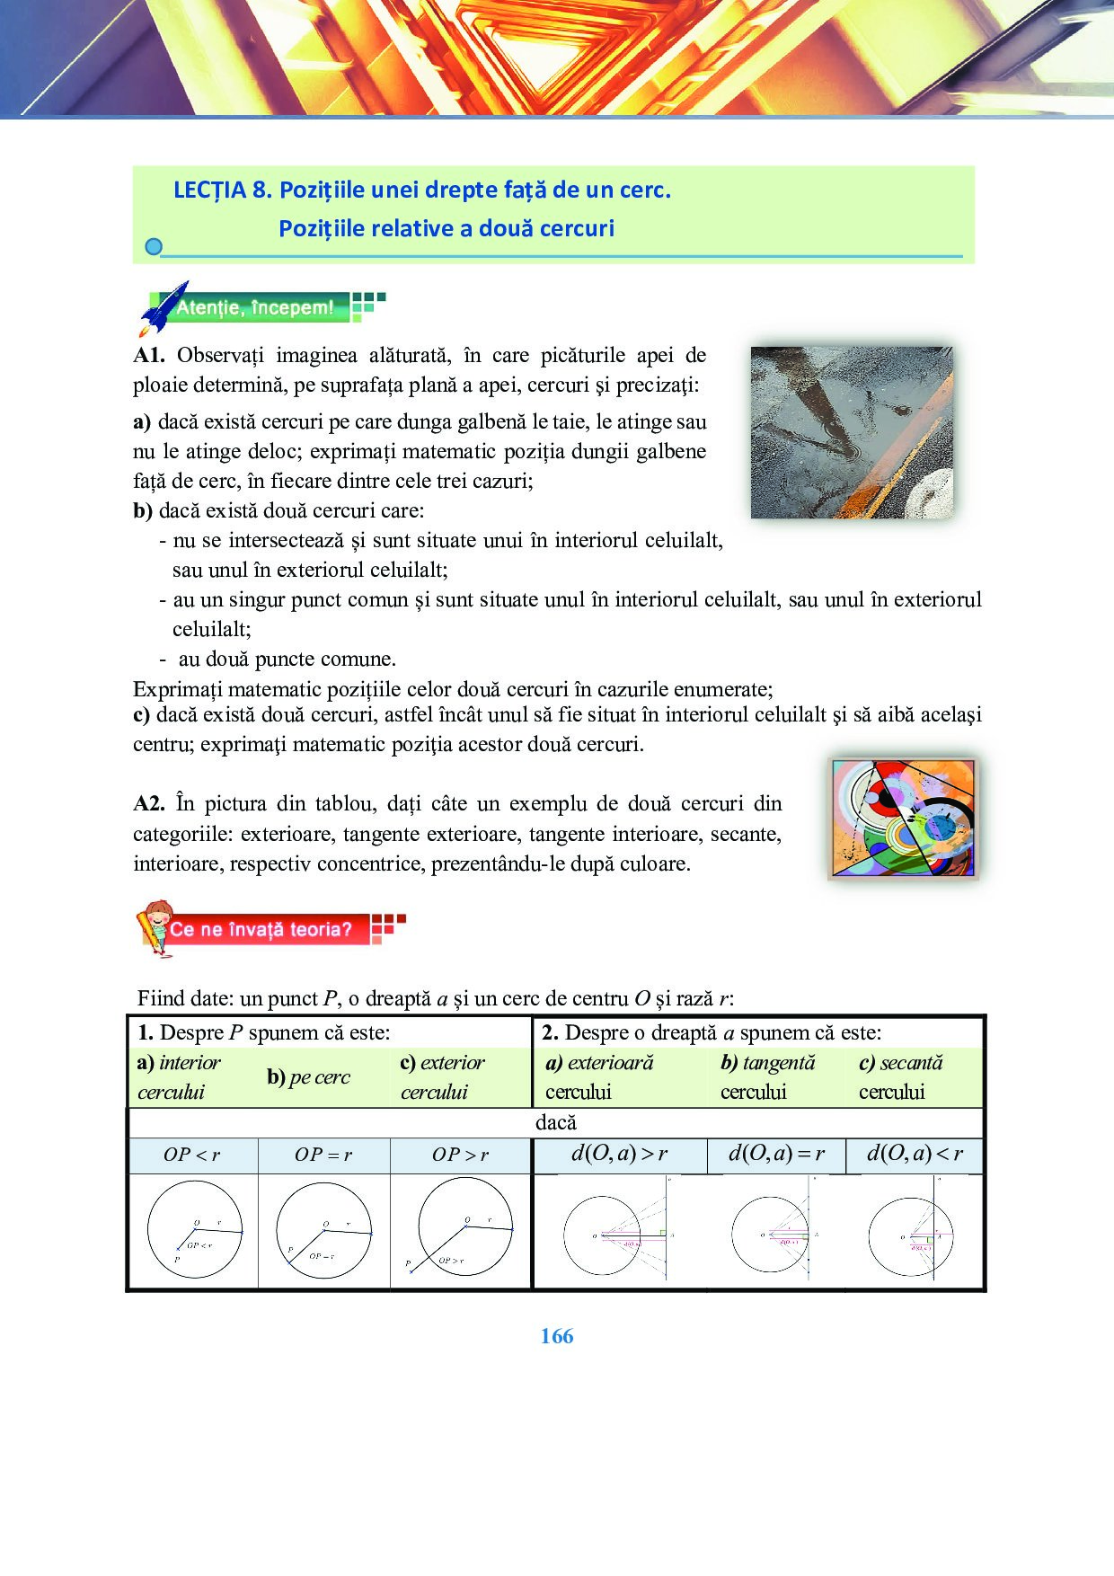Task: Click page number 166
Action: (x=557, y=1336)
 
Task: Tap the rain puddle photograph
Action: (x=852, y=432)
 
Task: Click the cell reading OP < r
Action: (x=191, y=1155)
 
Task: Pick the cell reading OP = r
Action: (x=323, y=1155)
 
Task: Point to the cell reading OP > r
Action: (x=460, y=1155)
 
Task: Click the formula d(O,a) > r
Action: (x=620, y=1154)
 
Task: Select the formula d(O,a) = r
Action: (x=776, y=1154)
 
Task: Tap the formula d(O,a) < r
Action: (x=915, y=1154)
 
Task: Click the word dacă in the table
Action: (x=555, y=1122)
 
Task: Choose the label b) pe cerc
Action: (x=308, y=1077)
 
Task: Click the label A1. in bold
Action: (x=149, y=355)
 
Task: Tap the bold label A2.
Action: (x=149, y=803)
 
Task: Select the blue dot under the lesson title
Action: (x=154, y=247)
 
